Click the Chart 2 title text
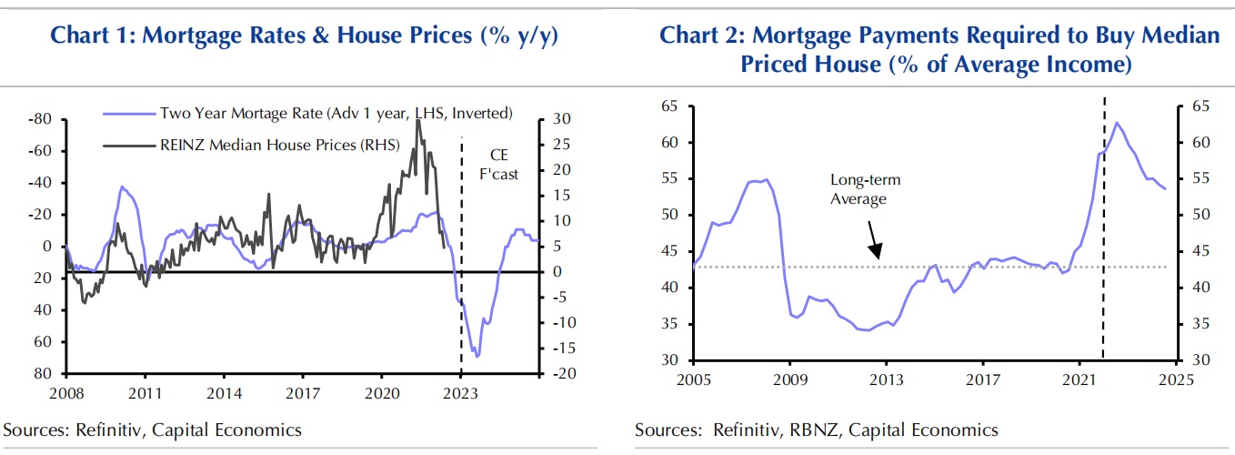pyautogui.click(x=938, y=49)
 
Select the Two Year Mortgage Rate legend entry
pyautogui.click(x=336, y=113)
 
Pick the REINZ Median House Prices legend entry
pyautogui.click(x=279, y=143)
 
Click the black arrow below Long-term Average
pyautogui.click(x=874, y=240)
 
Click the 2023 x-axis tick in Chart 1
pyautogui.click(x=461, y=393)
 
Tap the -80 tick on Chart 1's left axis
pyautogui.click(x=39, y=119)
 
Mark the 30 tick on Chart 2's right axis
pyautogui.click(x=1198, y=360)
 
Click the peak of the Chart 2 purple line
pyautogui.click(x=1116, y=122)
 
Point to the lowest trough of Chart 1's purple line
pyautogui.click(x=477, y=357)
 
